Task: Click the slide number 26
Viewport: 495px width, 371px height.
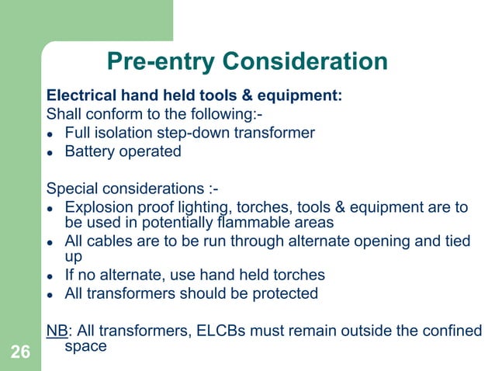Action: pos(20,354)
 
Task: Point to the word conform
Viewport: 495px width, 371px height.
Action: pos(106,115)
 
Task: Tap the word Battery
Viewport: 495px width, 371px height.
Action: pos(89,151)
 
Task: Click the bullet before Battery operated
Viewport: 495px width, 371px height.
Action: pos(51,152)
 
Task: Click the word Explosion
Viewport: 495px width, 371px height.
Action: pos(98,207)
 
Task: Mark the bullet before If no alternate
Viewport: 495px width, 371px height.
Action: pos(51,277)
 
